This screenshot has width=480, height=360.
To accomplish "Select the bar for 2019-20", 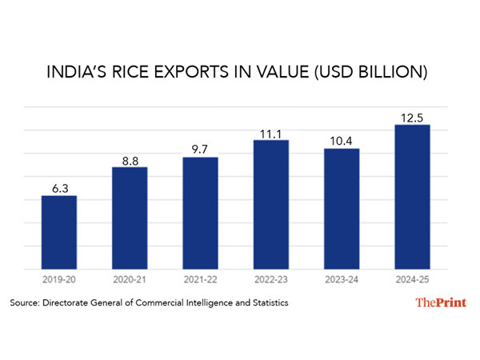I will [59, 232].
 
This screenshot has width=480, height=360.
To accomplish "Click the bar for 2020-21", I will [130, 218].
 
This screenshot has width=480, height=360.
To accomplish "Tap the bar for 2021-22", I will [200, 213].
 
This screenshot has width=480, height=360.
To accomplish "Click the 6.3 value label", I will [59, 187].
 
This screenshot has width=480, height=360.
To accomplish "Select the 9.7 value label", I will [200, 149].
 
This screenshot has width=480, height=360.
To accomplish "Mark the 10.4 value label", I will [342, 140].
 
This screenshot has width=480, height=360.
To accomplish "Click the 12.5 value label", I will [412, 117].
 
